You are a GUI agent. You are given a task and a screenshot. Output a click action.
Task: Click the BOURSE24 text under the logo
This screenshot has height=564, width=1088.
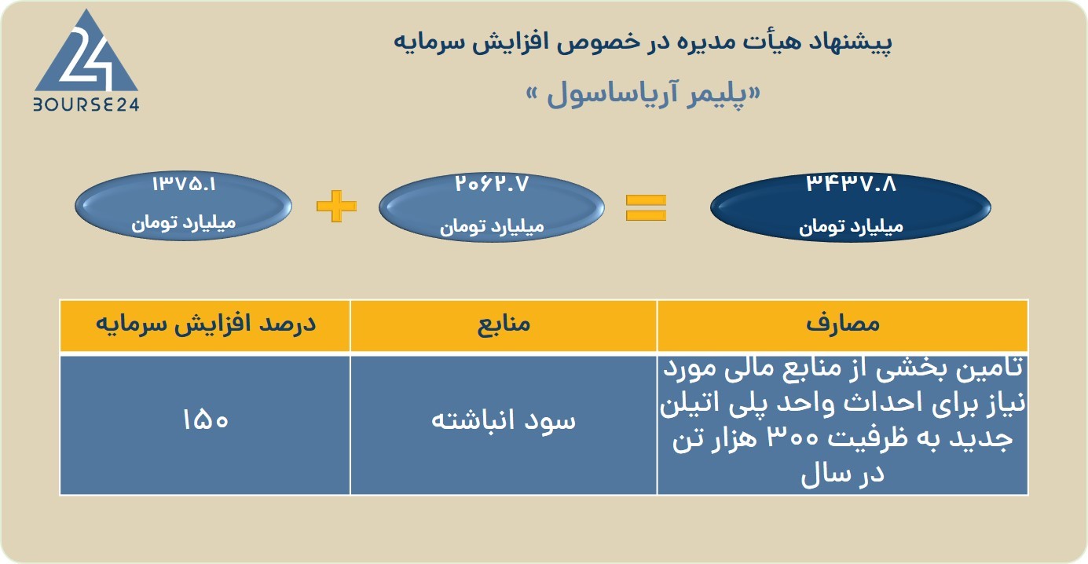tap(86, 104)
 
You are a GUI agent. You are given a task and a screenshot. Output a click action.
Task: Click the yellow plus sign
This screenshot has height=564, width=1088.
tap(336, 206)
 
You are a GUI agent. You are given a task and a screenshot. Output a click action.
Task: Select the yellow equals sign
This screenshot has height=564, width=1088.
tap(646, 207)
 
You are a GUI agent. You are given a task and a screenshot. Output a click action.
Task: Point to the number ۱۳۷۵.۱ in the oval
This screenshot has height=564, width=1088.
tap(184, 184)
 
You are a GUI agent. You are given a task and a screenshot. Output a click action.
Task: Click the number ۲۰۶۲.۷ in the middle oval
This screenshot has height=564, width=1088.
tap(492, 184)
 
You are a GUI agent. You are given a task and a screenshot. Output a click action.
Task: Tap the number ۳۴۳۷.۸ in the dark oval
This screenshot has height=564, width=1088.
tap(851, 184)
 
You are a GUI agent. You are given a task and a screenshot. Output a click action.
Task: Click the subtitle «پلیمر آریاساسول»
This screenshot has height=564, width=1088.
tap(643, 94)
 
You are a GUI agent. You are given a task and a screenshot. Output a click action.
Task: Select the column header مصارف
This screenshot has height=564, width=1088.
tap(843, 324)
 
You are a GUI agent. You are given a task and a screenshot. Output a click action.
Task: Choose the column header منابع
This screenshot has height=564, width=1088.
tap(504, 324)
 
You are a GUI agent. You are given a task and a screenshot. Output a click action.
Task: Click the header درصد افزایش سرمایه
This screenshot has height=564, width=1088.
tap(206, 324)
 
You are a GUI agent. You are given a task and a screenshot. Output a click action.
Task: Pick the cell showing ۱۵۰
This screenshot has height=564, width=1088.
tap(206, 419)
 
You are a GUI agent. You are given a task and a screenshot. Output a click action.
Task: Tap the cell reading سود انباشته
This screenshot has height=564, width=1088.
tap(504, 420)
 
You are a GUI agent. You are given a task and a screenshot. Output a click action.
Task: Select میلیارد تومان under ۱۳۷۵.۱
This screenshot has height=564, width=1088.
tap(184, 223)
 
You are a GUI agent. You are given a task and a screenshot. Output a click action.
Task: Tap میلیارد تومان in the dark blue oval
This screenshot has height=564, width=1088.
tap(851, 226)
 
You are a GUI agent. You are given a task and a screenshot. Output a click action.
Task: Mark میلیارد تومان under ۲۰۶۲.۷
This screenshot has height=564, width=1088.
tap(492, 226)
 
